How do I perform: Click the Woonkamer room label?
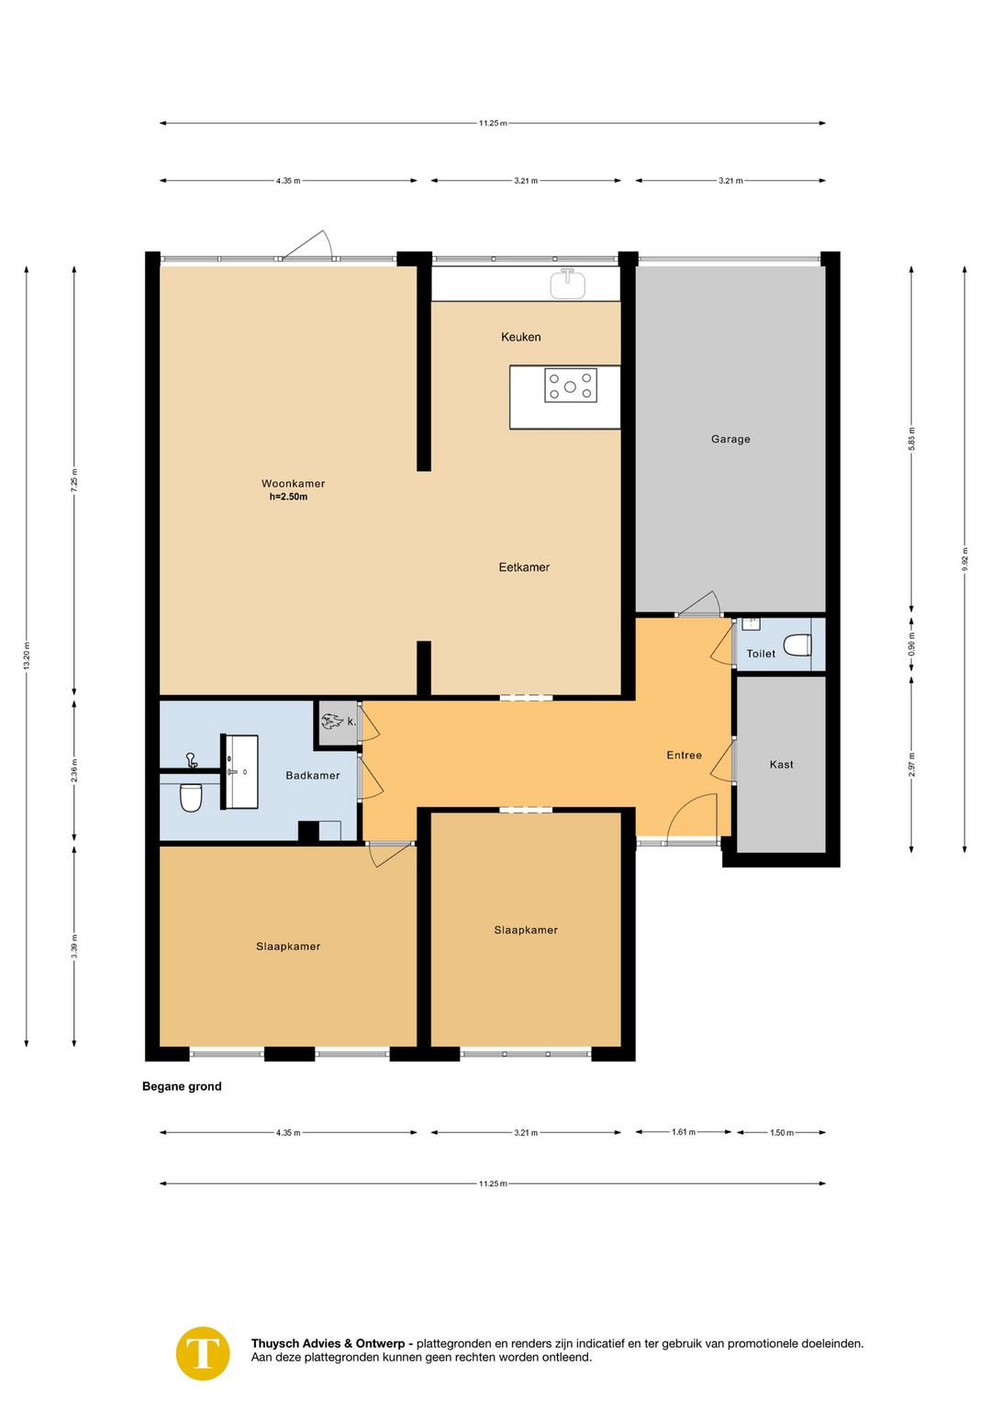pyautogui.click(x=293, y=484)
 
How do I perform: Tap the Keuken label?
pyautogui.click(x=521, y=337)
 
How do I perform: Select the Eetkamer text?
pyautogui.click(x=524, y=567)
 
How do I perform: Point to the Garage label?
pyautogui.click(x=730, y=439)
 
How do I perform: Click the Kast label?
pyautogui.click(x=782, y=764)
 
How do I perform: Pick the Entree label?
pyautogui.click(x=684, y=755)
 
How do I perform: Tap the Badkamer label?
pyautogui.click(x=313, y=776)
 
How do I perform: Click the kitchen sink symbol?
pyautogui.click(x=568, y=284)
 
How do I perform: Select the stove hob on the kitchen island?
pyautogui.click(x=570, y=386)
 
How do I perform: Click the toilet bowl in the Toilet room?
pyautogui.click(x=797, y=644)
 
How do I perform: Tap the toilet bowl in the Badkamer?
pyautogui.click(x=191, y=798)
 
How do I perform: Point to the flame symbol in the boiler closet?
pyautogui.click(x=332, y=722)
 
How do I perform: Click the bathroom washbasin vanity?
pyautogui.click(x=240, y=772)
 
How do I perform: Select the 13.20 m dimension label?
pyautogui.click(x=27, y=656)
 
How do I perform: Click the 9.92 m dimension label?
pyautogui.click(x=964, y=559)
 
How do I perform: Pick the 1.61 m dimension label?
pyautogui.click(x=684, y=1131)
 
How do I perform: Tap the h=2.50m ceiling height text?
pyautogui.click(x=288, y=498)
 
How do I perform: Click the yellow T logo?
pyautogui.click(x=203, y=1353)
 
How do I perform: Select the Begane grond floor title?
pyautogui.click(x=182, y=1086)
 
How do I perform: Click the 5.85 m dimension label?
pyautogui.click(x=911, y=439)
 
